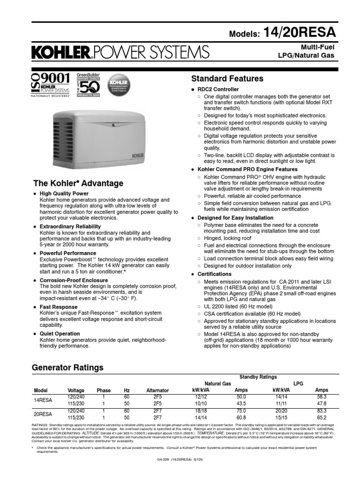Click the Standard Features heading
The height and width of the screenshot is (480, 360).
[x=227, y=78]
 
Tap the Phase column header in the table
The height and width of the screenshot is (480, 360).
[x=104, y=390]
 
